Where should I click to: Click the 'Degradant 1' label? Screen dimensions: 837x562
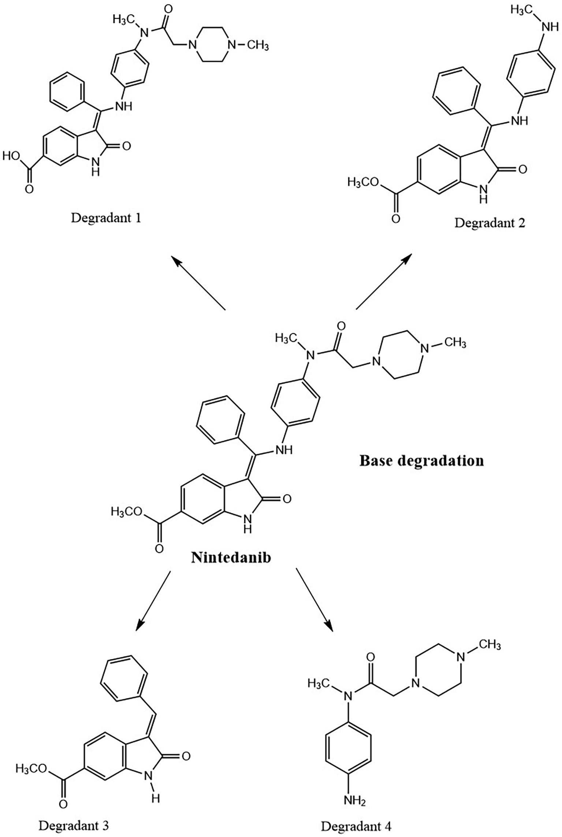[106, 219]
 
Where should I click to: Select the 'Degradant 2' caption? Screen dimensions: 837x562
[490, 223]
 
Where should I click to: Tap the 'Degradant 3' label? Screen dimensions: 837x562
[74, 826]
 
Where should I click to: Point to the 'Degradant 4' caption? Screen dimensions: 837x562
[356, 826]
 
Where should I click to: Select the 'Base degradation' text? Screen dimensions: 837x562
[421, 460]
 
